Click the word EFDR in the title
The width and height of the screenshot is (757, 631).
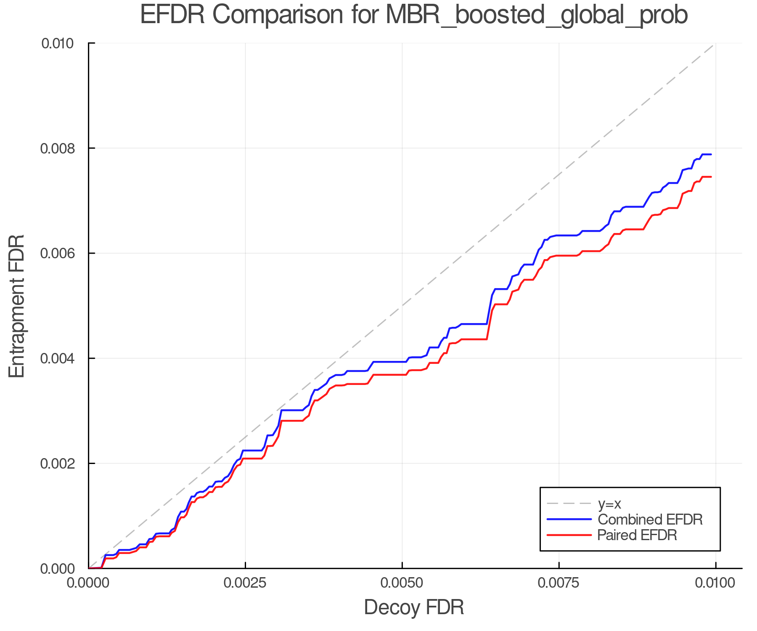pyautogui.click(x=172, y=15)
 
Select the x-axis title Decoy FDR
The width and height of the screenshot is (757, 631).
pyautogui.click(x=414, y=607)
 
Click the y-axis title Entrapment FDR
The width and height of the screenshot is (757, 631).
pyautogui.click(x=17, y=306)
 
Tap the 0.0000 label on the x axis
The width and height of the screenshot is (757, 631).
pyautogui.click(x=88, y=583)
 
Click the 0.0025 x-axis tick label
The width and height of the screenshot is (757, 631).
pyautogui.click(x=245, y=583)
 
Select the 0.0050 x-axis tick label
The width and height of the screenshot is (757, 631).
pyautogui.click(x=402, y=583)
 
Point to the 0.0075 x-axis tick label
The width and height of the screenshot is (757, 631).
pyautogui.click(x=559, y=583)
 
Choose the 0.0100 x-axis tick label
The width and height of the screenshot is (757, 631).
pyautogui.click(x=715, y=583)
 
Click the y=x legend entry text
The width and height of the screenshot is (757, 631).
pyautogui.click(x=609, y=504)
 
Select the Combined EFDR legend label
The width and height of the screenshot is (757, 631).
pyautogui.click(x=650, y=520)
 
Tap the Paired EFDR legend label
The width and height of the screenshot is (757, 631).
pyautogui.click(x=637, y=535)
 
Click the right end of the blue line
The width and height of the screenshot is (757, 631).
pyautogui.click(x=711, y=154)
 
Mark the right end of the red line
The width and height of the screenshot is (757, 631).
pyautogui.click(x=711, y=177)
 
